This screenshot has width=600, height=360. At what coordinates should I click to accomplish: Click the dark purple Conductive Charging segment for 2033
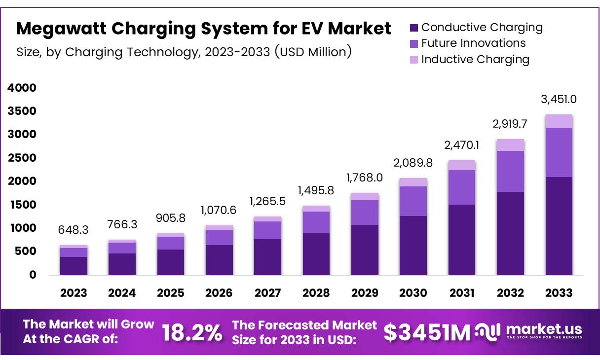pyautogui.click(x=559, y=226)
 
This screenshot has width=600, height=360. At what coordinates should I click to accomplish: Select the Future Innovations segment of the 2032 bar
pyautogui.click(x=510, y=171)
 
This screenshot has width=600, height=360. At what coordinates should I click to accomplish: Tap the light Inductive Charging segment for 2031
pyautogui.click(x=462, y=165)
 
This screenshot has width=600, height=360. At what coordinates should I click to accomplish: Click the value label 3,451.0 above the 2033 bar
pyautogui.click(x=559, y=99)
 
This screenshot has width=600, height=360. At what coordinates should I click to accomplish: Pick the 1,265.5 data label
pyautogui.click(x=267, y=201)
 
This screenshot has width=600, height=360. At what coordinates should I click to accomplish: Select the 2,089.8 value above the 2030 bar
pyautogui.click(x=413, y=163)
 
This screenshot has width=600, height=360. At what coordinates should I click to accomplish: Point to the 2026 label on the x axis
pyautogui.click(x=219, y=293)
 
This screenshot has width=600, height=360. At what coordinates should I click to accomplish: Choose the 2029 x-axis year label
pyautogui.click(x=364, y=293)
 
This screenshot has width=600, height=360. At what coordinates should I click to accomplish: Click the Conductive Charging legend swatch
pyautogui.click(x=413, y=28)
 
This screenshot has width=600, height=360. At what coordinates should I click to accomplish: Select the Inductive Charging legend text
pyautogui.click(x=475, y=60)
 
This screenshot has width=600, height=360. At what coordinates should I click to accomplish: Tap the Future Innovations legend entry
pyautogui.click(x=473, y=43)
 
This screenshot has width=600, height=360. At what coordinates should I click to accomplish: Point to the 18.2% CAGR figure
pyautogui.click(x=192, y=333)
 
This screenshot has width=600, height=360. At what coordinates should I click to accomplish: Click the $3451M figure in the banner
pyautogui.click(x=427, y=333)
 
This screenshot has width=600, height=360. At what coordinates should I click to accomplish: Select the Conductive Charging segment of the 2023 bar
pyautogui.click(x=74, y=266)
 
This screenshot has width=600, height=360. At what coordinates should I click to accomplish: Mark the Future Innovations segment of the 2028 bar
pyautogui.click(x=316, y=222)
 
